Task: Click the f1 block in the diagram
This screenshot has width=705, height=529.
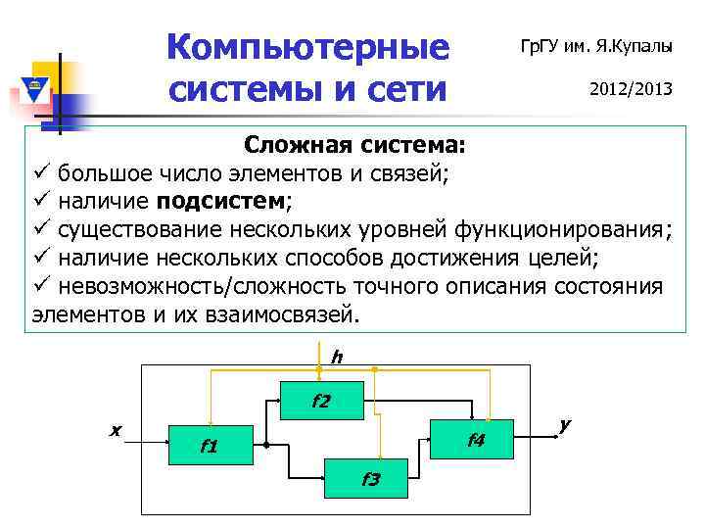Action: [211, 447]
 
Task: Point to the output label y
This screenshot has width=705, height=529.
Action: [564, 424]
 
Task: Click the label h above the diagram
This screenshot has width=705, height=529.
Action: [336, 358]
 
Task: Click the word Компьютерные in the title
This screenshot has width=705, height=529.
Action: [307, 47]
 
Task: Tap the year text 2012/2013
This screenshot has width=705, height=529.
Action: [630, 89]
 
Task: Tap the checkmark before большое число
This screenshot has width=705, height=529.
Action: [41, 174]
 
